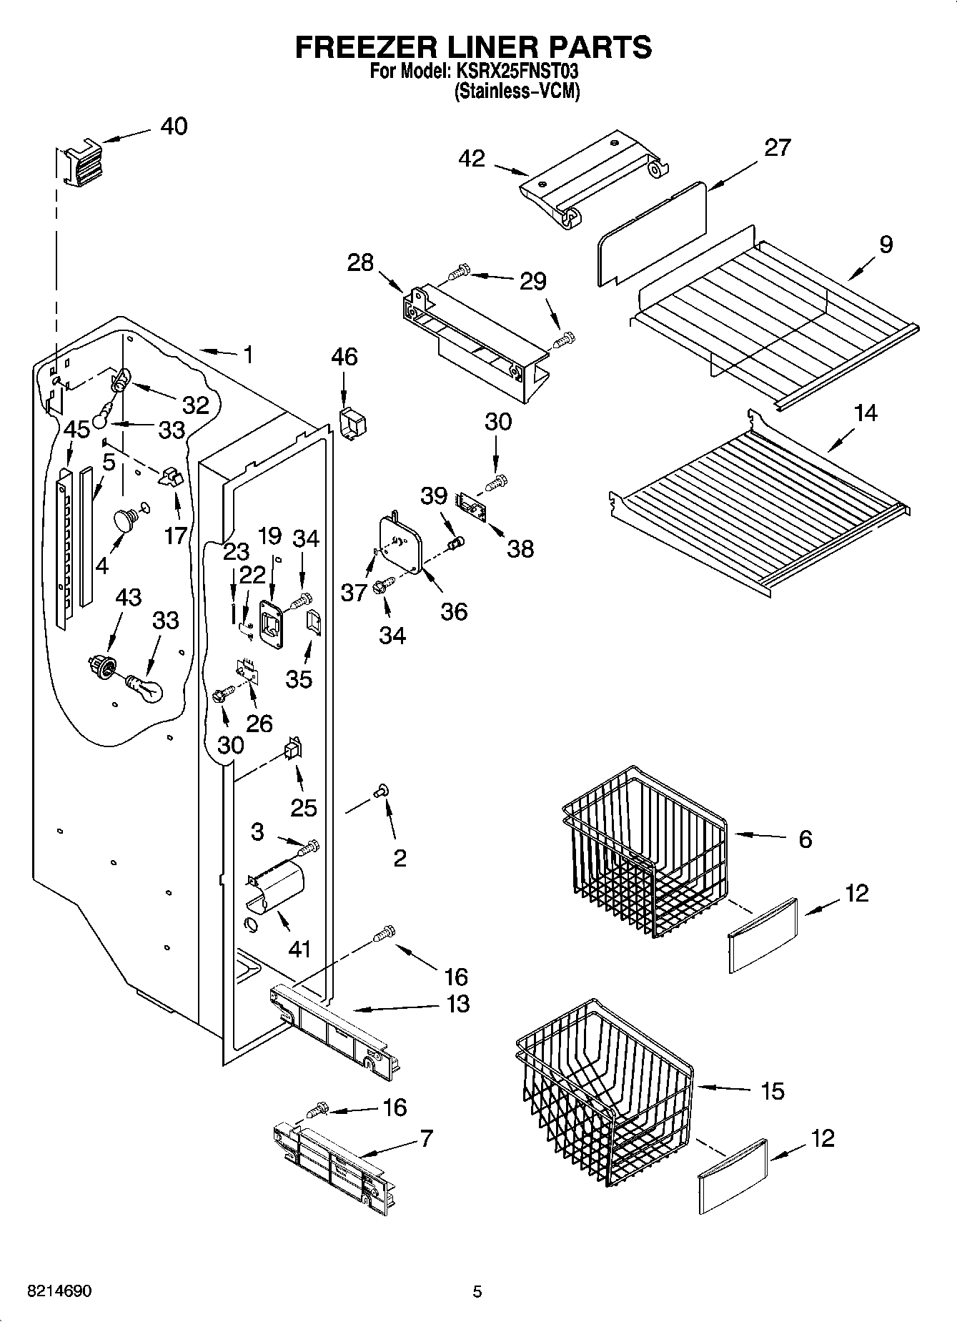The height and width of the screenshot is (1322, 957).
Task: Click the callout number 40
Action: point(174,127)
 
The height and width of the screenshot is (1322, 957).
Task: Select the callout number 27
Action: point(777,148)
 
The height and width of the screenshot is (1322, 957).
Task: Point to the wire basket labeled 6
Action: point(643,851)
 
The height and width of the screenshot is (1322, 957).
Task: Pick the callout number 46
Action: point(344,357)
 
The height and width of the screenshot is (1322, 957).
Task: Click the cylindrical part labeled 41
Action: point(275,887)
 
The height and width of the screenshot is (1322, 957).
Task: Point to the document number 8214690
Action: point(59,1291)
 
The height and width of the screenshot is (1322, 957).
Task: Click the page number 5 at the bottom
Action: point(477,1291)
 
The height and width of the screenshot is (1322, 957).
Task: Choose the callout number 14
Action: point(866,413)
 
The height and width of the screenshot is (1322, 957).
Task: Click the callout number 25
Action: point(303,808)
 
